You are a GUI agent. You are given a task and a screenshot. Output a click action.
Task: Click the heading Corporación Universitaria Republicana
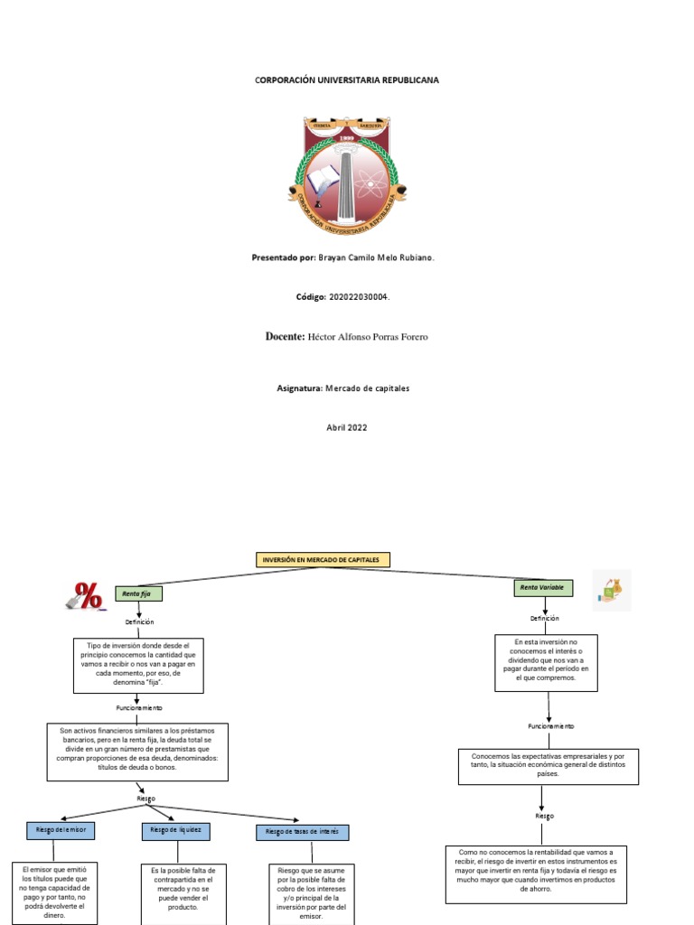coord(347,80)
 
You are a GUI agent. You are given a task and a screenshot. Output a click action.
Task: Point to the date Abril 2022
coord(347,427)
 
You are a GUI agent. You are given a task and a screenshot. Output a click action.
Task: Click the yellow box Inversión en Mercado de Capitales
coord(324,560)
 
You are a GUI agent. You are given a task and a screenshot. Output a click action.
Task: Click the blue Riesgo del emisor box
coord(61,829)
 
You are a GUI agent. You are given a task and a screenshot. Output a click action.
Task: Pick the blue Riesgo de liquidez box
coord(176,829)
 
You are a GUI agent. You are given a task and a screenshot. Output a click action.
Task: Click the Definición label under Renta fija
coord(139,622)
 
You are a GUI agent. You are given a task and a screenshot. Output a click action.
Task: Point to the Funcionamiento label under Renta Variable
coord(551,725)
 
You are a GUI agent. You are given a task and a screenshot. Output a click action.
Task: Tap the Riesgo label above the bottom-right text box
coord(543,816)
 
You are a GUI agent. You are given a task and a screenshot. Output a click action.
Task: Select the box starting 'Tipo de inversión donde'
coord(139,664)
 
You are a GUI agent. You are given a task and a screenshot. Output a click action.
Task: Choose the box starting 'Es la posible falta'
coord(183,893)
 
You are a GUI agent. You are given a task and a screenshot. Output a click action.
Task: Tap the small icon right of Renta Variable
coord(612,591)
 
